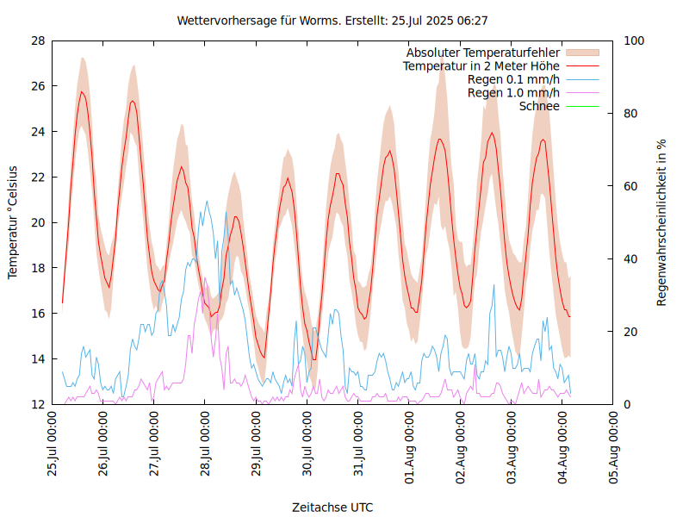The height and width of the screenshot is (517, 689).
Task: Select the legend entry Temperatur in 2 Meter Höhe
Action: (x=481, y=65)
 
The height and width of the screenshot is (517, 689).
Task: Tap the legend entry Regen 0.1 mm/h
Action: (x=513, y=79)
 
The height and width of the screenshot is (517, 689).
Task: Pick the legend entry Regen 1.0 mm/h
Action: (x=513, y=92)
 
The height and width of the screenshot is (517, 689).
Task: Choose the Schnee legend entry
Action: (x=539, y=106)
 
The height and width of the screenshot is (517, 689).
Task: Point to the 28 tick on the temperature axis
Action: (x=38, y=40)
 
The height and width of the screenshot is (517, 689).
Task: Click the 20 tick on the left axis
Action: (x=38, y=222)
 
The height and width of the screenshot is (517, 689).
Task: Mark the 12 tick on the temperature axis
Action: (x=38, y=404)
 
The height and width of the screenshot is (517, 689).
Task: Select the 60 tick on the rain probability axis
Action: (x=630, y=186)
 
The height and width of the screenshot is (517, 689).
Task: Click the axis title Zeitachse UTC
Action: (x=332, y=507)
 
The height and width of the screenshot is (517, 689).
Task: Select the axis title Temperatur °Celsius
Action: (x=13, y=222)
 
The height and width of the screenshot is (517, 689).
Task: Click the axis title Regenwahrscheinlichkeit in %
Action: (x=662, y=222)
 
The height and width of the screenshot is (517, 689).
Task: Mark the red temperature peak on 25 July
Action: (x=82, y=91)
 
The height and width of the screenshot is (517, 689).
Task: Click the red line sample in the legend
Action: (x=581, y=65)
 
